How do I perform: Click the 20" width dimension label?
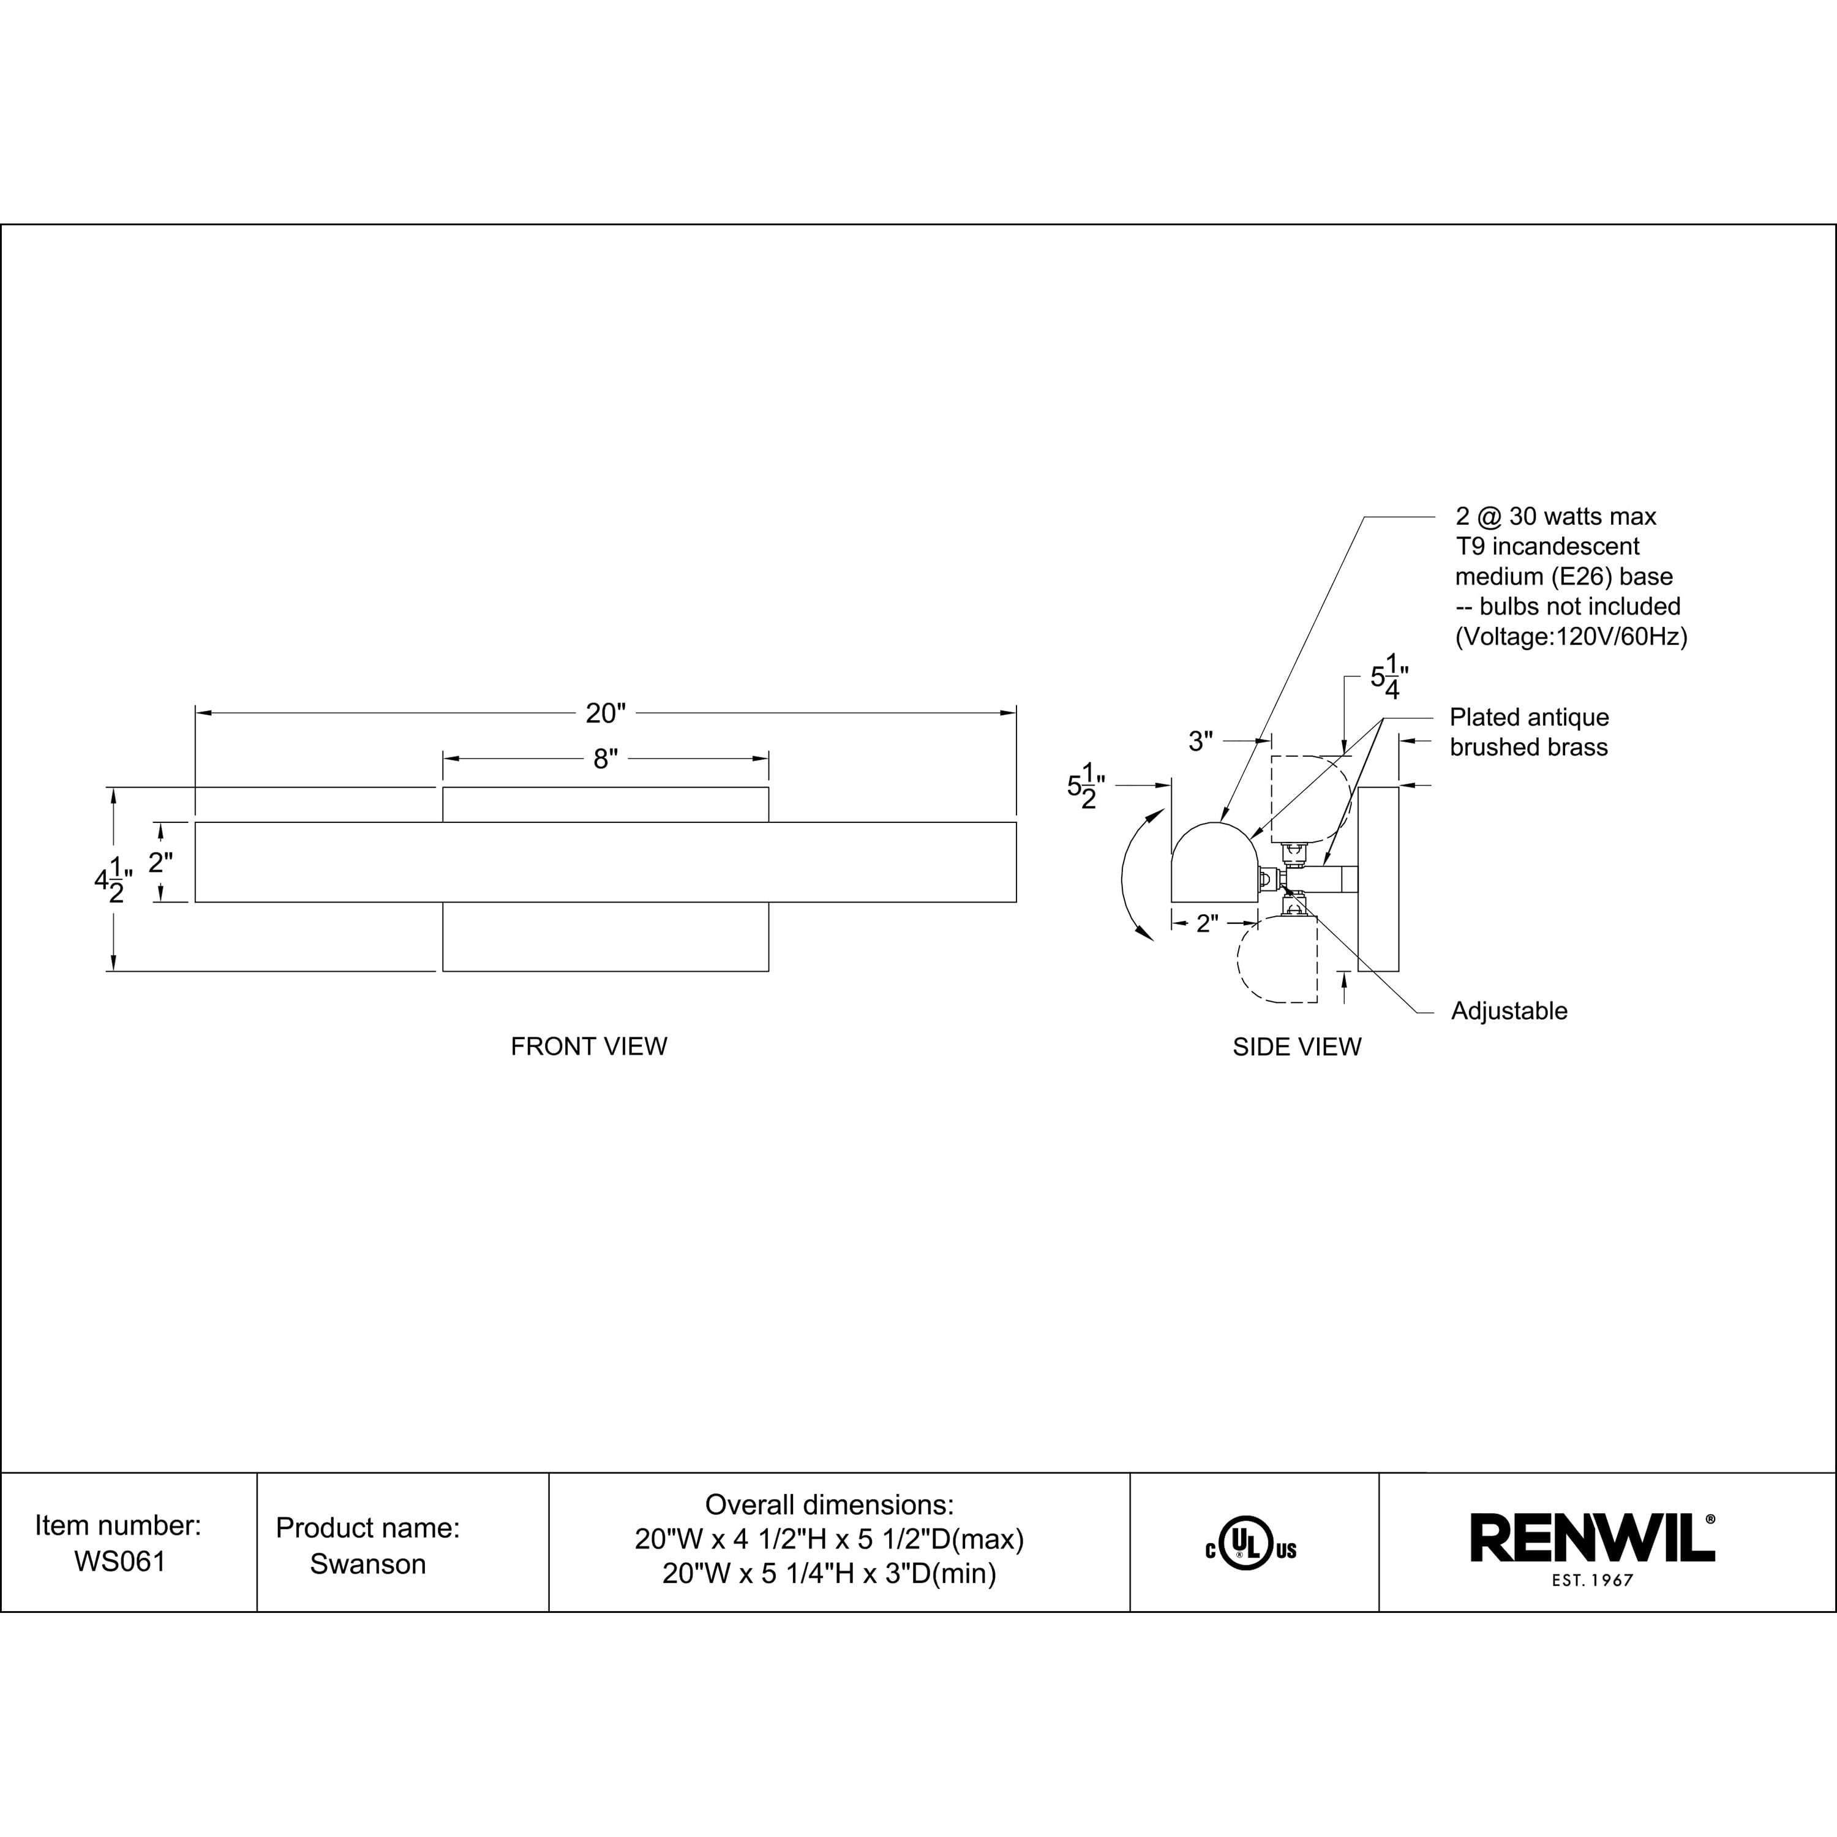[x=606, y=713]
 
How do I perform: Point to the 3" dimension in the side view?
[x=1201, y=742]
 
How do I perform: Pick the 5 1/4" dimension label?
[x=1388, y=677]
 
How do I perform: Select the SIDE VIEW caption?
[x=1297, y=1047]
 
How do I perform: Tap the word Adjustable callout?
[x=1509, y=1011]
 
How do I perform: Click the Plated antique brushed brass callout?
[x=1529, y=732]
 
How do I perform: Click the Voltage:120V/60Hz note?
[x=1571, y=637]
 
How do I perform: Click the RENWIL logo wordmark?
[x=1593, y=1538]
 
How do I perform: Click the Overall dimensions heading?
[x=829, y=1505]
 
